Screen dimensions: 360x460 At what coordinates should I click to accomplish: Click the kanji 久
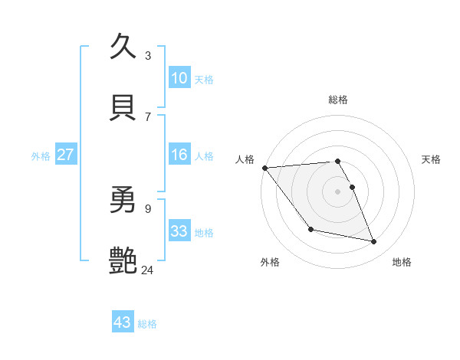click(123, 46)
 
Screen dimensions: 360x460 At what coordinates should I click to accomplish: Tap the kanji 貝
click(123, 106)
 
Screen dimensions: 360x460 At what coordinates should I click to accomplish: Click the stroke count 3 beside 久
click(148, 56)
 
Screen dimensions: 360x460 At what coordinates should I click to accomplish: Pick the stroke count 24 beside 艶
click(148, 270)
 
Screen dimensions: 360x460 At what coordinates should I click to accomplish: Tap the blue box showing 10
click(179, 77)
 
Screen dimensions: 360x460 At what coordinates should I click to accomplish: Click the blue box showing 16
click(179, 155)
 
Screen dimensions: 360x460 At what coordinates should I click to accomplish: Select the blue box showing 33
click(179, 231)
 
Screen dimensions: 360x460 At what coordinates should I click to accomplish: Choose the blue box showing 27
click(65, 155)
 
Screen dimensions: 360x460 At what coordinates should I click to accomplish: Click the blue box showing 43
click(122, 322)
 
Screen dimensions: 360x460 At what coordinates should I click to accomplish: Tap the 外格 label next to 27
click(41, 156)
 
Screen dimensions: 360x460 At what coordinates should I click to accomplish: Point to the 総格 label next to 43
click(147, 324)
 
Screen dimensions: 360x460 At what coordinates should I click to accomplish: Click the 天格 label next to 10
click(204, 79)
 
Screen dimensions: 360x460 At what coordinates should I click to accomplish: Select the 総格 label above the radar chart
click(338, 100)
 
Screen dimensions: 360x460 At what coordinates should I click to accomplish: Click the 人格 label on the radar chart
click(245, 159)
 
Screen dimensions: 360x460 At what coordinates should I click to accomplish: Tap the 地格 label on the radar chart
click(402, 263)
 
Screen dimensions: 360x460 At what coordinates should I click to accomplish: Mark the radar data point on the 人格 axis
click(264, 168)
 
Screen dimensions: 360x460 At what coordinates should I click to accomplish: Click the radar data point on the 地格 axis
click(374, 242)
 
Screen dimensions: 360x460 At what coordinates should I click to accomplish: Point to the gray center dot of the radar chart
click(337, 191)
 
